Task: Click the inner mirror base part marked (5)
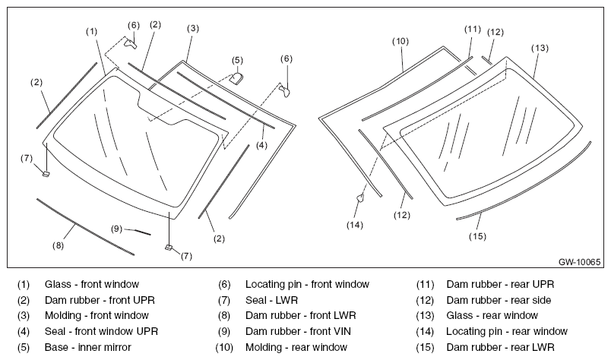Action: pyautogui.click(x=236, y=78)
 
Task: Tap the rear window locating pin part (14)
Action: pyautogui.click(x=360, y=198)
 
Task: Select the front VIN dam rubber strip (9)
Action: pyautogui.click(x=142, y=232)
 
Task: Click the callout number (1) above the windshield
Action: pyautogui.click(x=91, y=32)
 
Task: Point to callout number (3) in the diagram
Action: pyautogui.click(x=193, y=28)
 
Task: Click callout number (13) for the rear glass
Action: pyautogui.click(x=540, y=48)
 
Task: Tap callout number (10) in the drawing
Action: pyautogui.click(x=400, y=41)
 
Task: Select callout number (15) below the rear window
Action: pyautogui.click(x=477, y=236)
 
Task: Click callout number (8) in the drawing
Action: pyautogui.click(x=58, y=245)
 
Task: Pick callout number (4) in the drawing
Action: pyautogui.click(x=262, y=145)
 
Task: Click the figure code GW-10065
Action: pyautogui.click(x=579, y=262)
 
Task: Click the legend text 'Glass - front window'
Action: pyautogui.click(x=92, y=284)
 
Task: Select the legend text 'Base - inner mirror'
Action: pyautogui.click(x=88, y=347)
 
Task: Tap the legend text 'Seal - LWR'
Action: pyautogui.click(x=271, y=301)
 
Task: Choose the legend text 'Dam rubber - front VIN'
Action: pyautogui.click(x=298, y=332)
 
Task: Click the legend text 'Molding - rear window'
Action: pyautogui.click(x=296, y=347)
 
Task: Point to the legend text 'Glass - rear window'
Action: pyautogui.click(x=492, y=316)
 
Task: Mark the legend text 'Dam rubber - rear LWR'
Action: pyautogui.click(x=500, y=347)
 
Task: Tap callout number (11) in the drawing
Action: pyautogui.click(x=473, y=29)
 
